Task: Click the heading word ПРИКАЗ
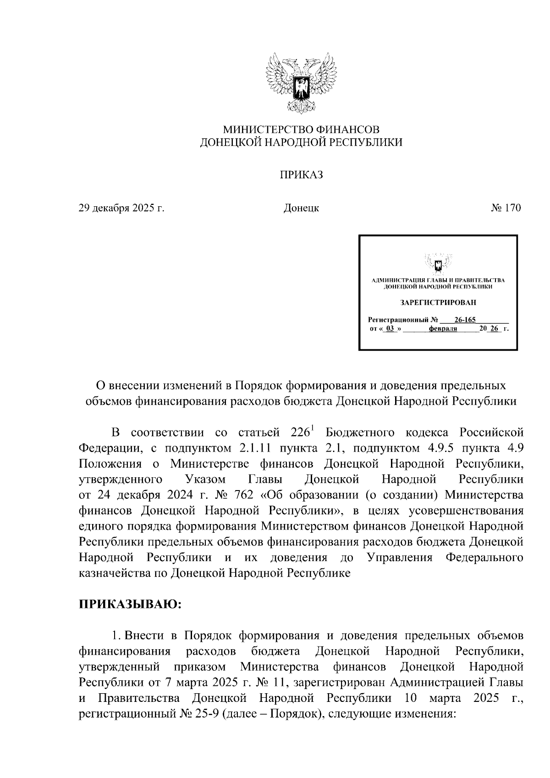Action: click(x=301, y=175)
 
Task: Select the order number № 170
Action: click(x=506, y=208)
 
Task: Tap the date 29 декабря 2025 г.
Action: click(x=121, y=208)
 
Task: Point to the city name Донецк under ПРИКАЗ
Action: click(x=301, y=208)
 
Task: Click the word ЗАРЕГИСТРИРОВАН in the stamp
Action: click(x=438, y=303)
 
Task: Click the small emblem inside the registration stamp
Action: click(x=438, y=265)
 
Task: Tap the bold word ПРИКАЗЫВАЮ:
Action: click(x=131, y=604)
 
